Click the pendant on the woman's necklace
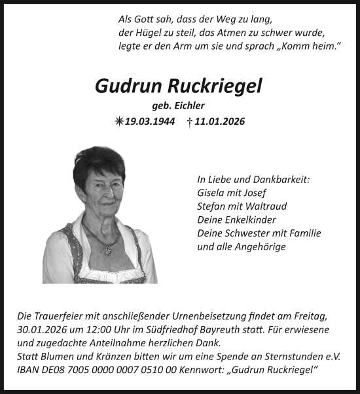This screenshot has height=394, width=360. pos(107,250)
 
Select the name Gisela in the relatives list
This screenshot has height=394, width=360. pos(211,193)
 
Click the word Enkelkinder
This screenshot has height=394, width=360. pos(250,220)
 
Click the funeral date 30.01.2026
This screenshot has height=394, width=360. pos(42,328)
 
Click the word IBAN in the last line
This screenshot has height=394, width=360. pos(28,370)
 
